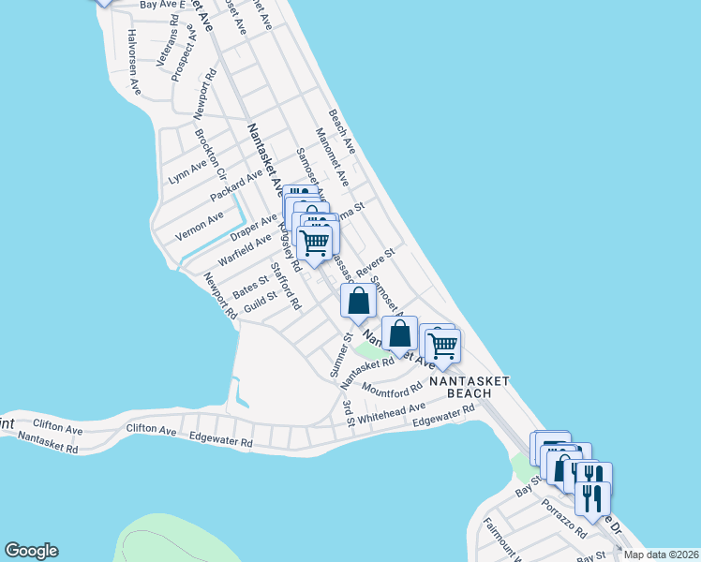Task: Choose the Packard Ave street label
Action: point(236,183)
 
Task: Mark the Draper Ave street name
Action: point(254,226)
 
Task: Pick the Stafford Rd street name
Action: point(285,287)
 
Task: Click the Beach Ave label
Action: point(342,131)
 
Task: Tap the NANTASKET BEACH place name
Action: point(470,387)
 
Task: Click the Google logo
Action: point(31,551)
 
